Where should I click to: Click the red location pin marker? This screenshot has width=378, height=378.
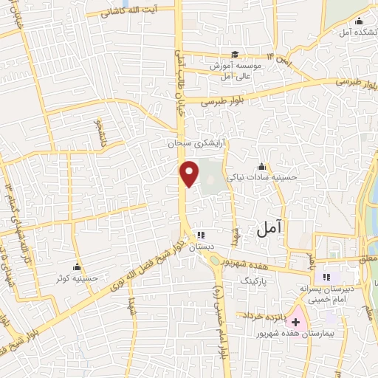click(190, 173)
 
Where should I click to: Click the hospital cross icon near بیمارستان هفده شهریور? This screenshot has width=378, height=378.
click(295, 323)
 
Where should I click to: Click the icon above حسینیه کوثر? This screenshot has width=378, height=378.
click(78, 267)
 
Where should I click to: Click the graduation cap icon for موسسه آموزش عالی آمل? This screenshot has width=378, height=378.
click(235, 54)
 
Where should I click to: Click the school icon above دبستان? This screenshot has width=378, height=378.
click(200, 236)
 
